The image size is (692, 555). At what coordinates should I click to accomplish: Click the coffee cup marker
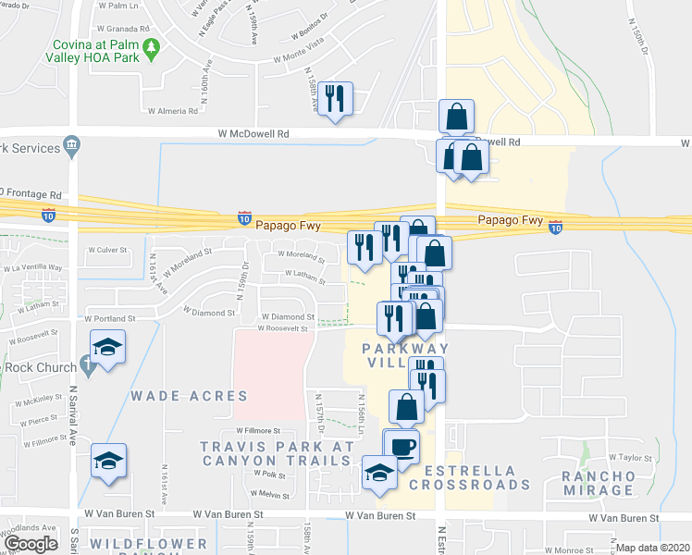coord(401,447)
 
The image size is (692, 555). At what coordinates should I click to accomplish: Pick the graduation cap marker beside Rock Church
coord(108,348)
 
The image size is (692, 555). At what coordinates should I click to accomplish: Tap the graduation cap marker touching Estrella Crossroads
coord(379,472)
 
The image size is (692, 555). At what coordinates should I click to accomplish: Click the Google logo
coord(31,543)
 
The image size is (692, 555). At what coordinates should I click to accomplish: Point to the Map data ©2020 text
coord(651,548)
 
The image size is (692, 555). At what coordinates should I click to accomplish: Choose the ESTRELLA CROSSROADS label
coord(469,476)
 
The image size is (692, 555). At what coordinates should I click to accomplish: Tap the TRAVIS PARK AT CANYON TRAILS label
coord(278,453)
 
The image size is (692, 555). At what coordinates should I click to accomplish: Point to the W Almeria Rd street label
coord(173,110)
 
